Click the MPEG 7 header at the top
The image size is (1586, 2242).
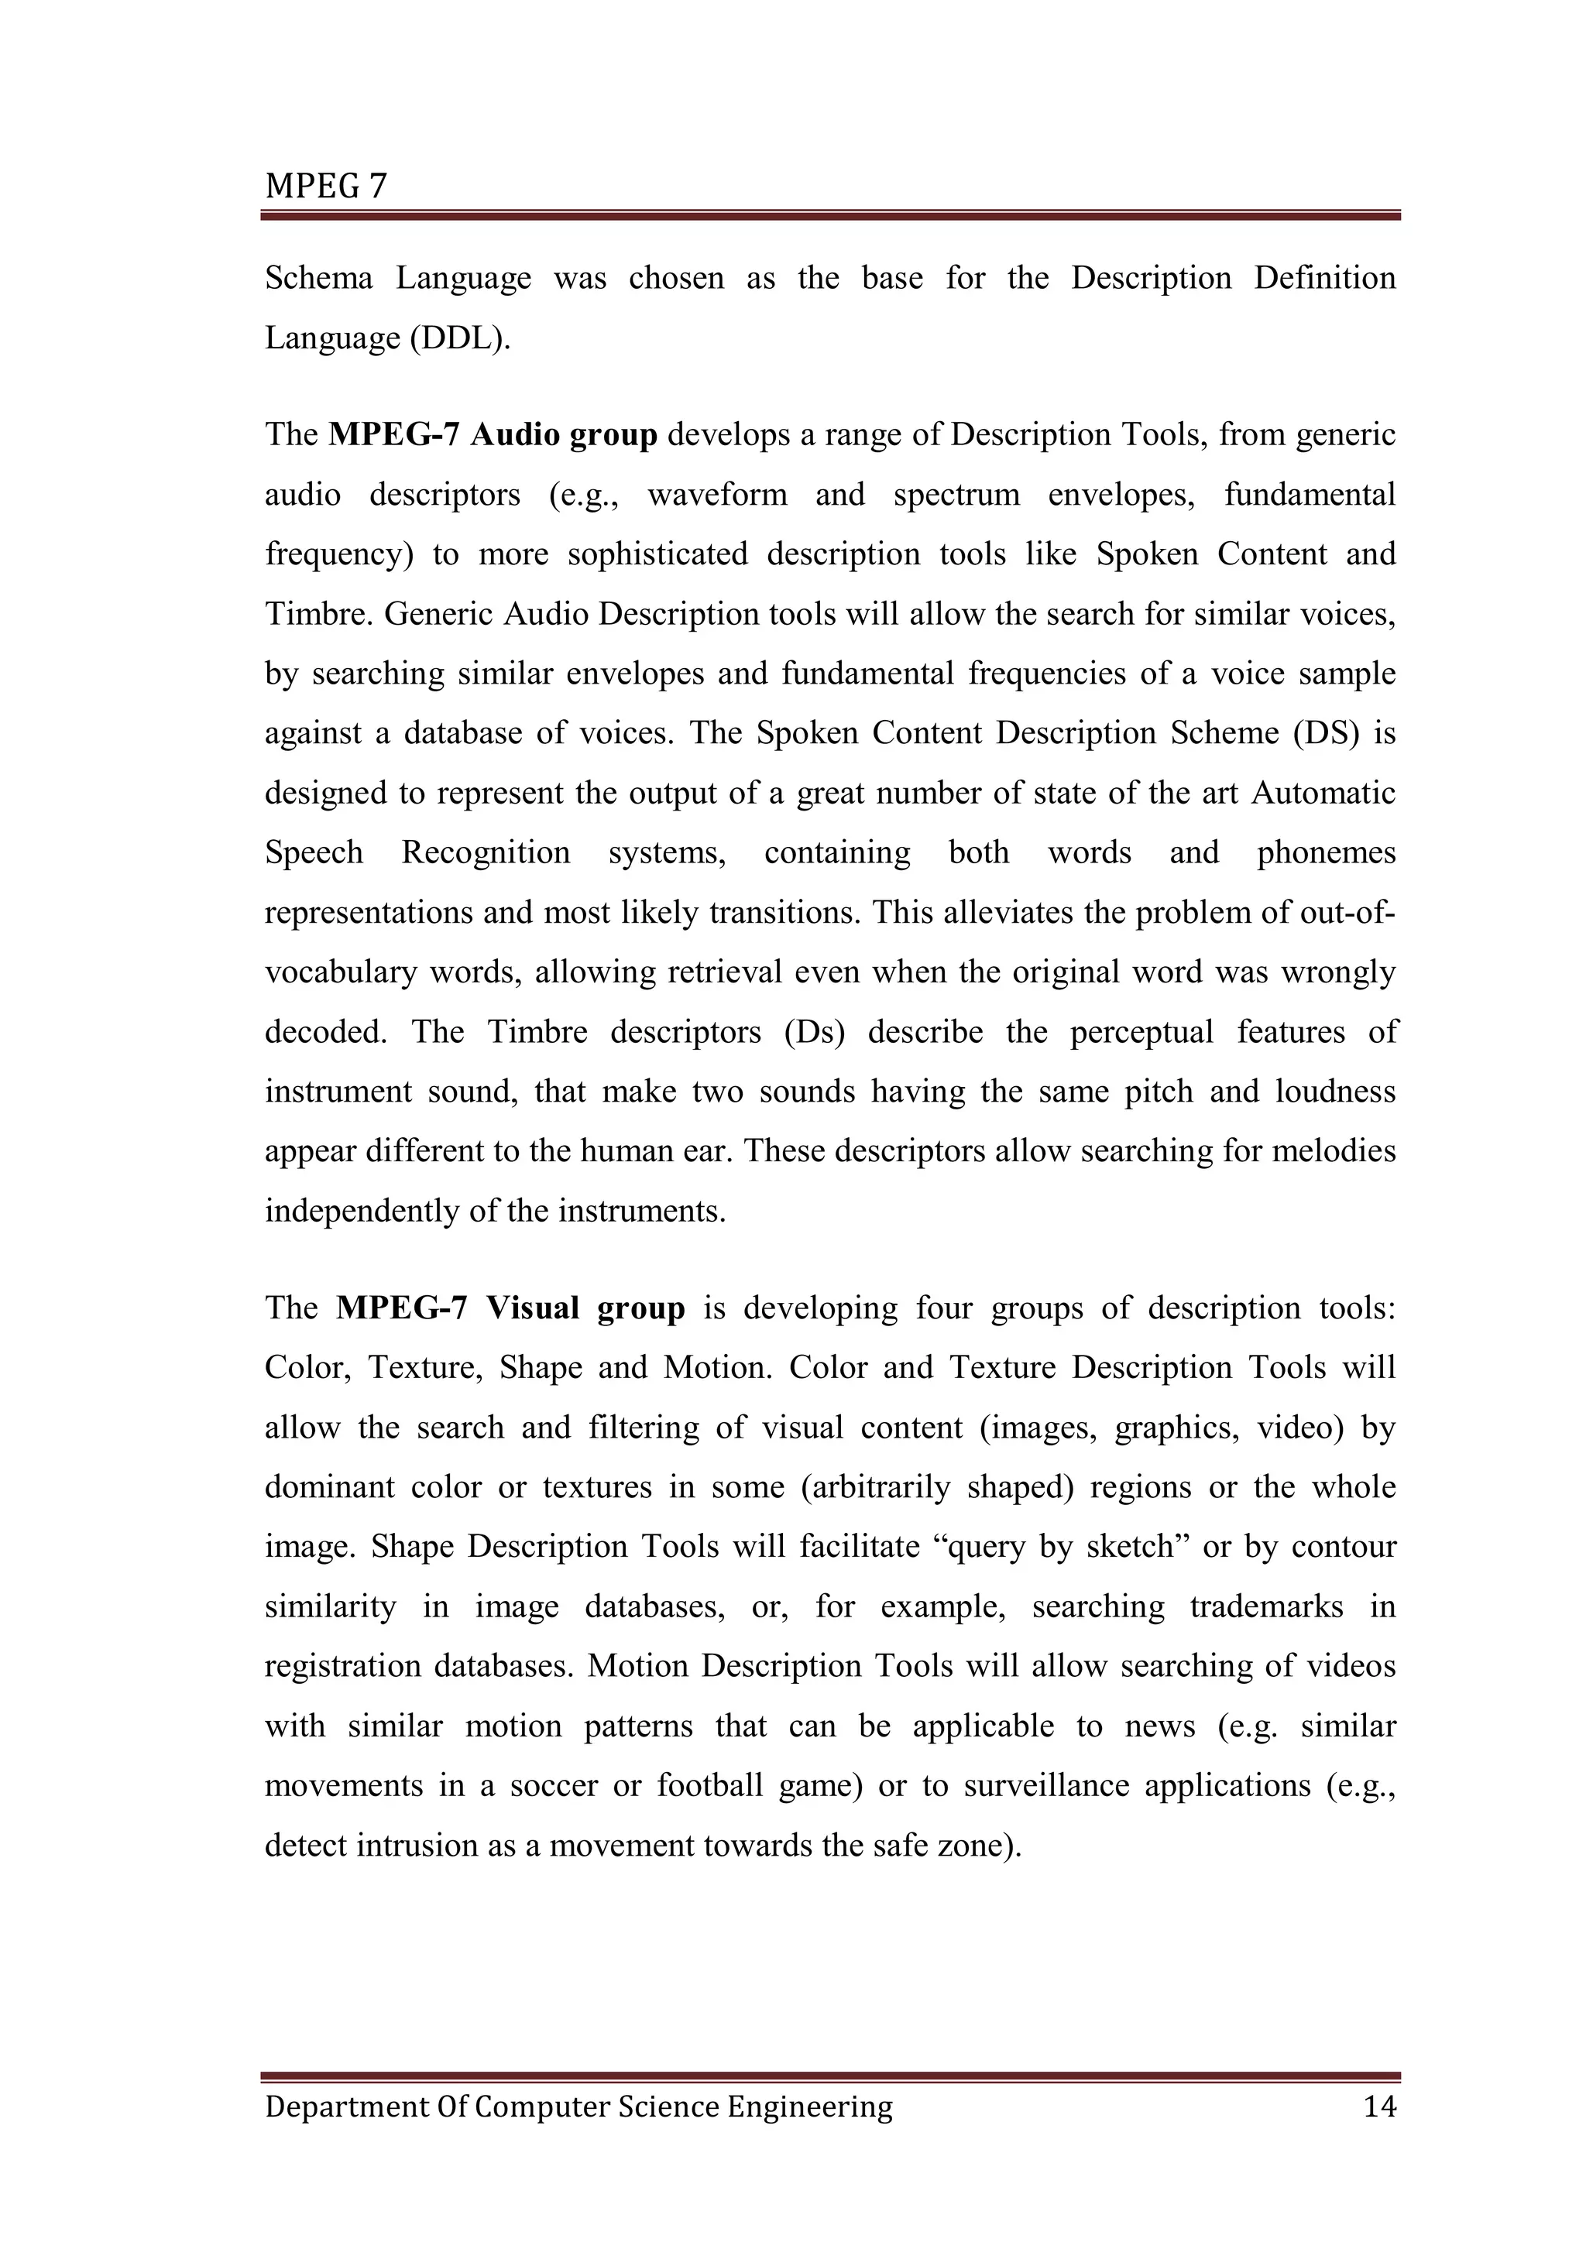tap(325, 186)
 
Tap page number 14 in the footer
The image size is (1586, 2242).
tap(1379, 2107)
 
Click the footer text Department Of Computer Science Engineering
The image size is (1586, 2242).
tap(578, 2107)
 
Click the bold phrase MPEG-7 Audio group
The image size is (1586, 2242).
tap(493, 434)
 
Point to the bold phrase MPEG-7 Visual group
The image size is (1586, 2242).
tap(510, 1308)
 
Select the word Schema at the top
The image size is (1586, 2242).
tap(318, 278)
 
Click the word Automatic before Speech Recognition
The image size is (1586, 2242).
tap(1323, 793)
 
